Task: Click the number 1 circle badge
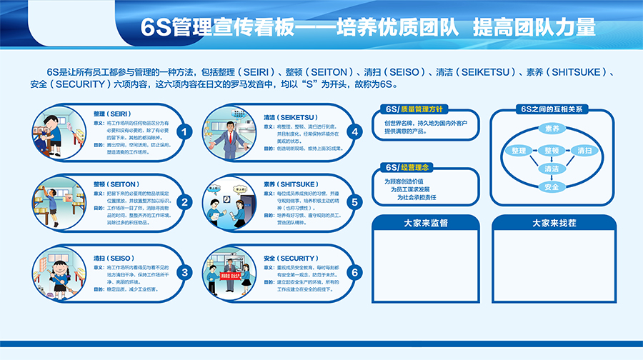pyautogui.click(x=184, y=132)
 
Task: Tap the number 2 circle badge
pyautogui.click(x=184, y=202)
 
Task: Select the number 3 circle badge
pyautogui.click(x=184, y=272)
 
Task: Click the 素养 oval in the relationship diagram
pyautogui.click(x=552, y=129)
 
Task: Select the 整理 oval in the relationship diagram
pyautogui.click(x=519, y=151)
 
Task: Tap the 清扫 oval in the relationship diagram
pyautogui.click(x=584, y=151)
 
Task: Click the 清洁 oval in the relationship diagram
pyautogui.click(x=552, y=169)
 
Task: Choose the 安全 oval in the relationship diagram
pyautogui.click(x=552, y=187)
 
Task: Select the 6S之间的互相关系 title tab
pyautogui.click(x=552, y=109)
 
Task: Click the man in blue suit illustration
pyautogui.click(x=230, y=136)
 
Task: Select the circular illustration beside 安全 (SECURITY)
pyautogui.click(x=229, y=272)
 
